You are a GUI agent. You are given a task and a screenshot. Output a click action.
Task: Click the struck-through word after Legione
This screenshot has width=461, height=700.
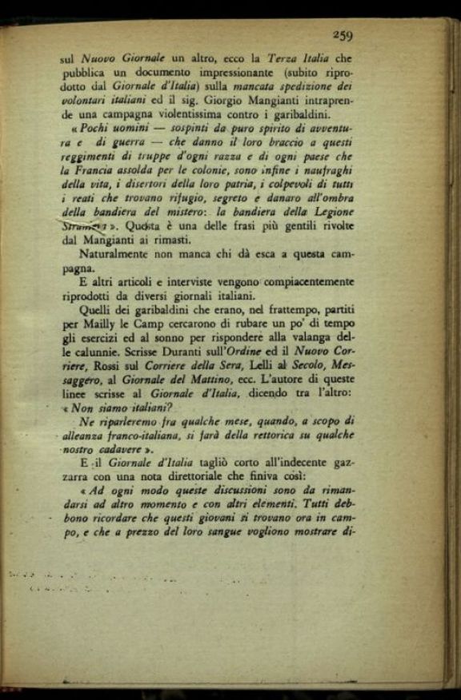[x=86, y=228]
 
